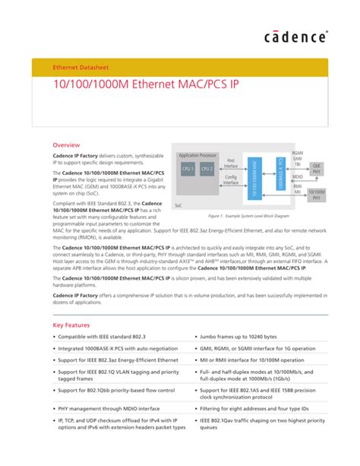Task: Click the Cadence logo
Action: click(x=296, y=36)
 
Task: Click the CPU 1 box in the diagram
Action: click(x=187, y=170)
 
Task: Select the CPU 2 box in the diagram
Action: click(x=207, y=170)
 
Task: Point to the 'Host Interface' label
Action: click(x=231, y=163)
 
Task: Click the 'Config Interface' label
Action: click(x=231, y=179)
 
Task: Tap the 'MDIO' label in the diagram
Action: click(x=297, y=176)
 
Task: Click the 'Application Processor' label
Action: click(x=198, y=154)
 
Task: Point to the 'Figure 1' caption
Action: click(x=251, y=217)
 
